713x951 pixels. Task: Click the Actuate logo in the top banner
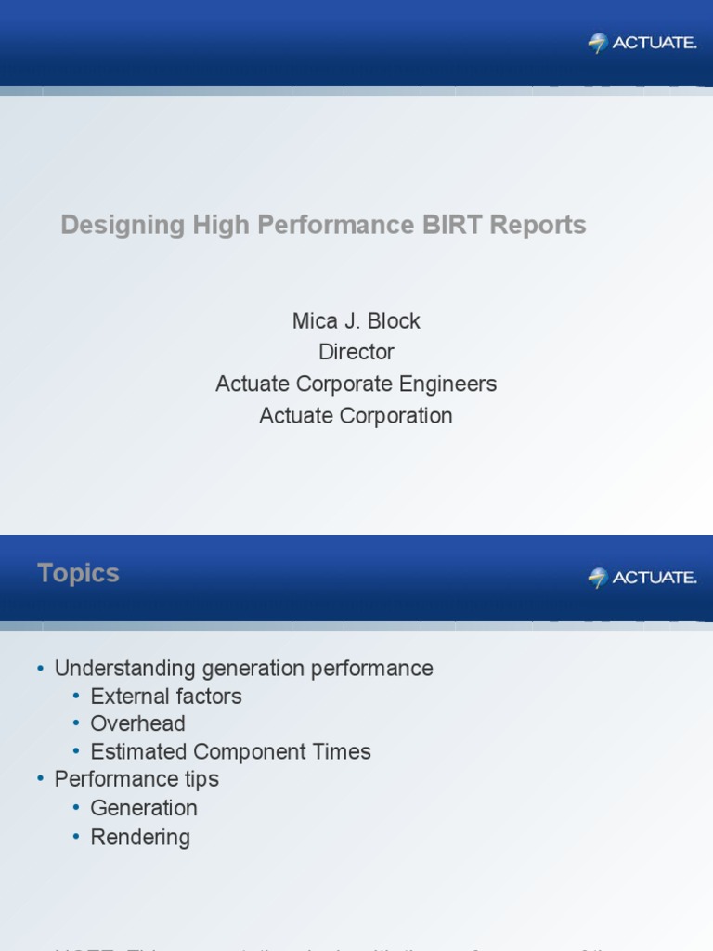click(642, 43)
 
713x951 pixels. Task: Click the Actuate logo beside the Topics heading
click(642, 578)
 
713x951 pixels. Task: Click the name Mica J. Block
click(356, 321)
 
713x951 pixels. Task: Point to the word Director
click(356, 353)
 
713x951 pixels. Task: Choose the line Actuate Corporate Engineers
click(356, 384)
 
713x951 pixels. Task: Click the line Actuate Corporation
click(356, 416)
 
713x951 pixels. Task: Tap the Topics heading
click(78, 573)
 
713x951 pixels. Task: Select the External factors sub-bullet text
click(166, 697)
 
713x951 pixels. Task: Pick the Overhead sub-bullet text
click(137, 723)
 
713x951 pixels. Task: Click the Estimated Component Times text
click(230, 751)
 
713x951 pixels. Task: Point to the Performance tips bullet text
click(136, 779)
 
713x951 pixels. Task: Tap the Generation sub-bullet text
click(144, 808)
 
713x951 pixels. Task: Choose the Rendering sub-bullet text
click(140, 837)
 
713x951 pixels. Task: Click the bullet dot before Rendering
click(77, 837)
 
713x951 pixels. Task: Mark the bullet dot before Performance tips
click(41, 780)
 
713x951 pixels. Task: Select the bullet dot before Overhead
click(77, 724)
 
